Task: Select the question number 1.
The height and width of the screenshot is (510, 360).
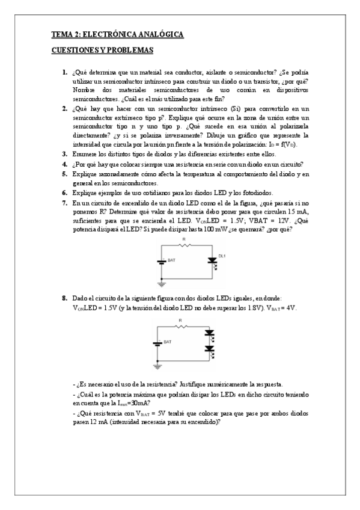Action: click(65, 73)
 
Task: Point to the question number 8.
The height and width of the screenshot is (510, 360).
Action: click(65, 298)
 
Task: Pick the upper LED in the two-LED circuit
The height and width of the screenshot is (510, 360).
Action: click(210, 333)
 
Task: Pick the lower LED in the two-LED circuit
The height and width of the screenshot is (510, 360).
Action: click(210, 348)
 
